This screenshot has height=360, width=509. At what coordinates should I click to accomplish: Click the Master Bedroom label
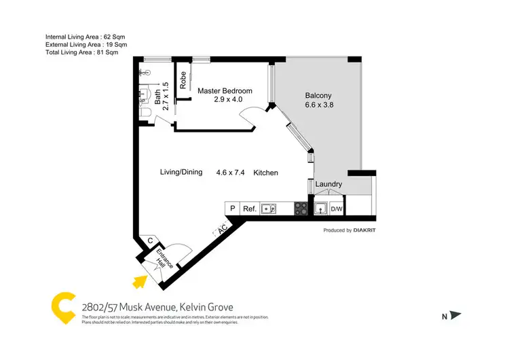pos(225,91)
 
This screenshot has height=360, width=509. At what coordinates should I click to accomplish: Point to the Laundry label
pos(328,184)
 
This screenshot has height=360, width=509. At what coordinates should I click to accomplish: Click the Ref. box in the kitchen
pos(249,209)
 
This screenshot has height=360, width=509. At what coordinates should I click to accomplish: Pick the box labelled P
pos(232,209)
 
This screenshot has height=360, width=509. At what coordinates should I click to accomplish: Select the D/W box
pos(337,209)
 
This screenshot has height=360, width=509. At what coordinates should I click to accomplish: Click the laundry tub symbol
pos(320,209)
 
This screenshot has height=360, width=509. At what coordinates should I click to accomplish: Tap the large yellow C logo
pos(64,307)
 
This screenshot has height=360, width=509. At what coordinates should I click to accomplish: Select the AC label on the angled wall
pos(223,230)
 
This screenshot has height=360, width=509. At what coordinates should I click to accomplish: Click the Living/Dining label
pos(181,173)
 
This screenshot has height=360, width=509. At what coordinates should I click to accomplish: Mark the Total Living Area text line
pos(81,52)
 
